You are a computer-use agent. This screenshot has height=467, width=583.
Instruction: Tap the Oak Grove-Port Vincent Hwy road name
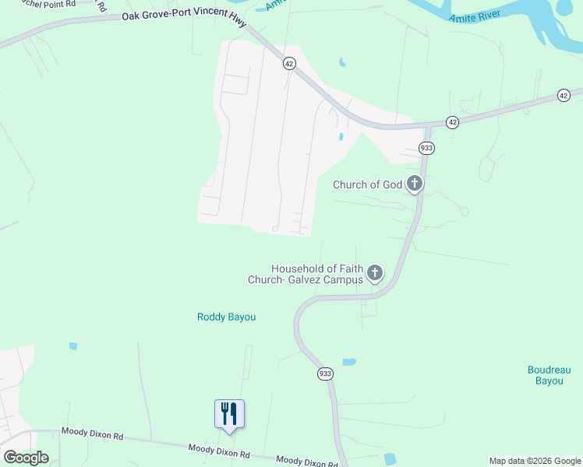click(x=185, y=17)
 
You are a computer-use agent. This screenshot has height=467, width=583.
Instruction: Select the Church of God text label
click(x=367, y=184)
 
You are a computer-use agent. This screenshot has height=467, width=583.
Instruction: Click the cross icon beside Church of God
click(x=415, y=184)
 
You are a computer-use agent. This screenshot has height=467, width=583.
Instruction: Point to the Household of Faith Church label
click(x=316, y=274)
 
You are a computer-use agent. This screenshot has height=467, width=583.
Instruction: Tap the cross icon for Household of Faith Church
click(x=375, y=272)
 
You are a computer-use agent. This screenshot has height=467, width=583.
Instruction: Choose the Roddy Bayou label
click(x=226, y=317)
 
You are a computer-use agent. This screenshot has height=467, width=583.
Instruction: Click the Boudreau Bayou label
click(x=544, y=375)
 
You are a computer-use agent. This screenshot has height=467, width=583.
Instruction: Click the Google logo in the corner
click(x=26, y=458)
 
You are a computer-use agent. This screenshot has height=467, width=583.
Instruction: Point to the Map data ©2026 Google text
click(x=535, y=461)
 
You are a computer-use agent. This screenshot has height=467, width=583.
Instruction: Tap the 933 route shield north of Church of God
click(x=426, y=148)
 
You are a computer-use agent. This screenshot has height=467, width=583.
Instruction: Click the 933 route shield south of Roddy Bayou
click(x=325, y=374)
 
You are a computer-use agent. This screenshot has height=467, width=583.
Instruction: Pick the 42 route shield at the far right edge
click(x=564, y=95)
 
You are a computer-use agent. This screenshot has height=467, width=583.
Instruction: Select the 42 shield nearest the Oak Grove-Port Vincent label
click(x=289, y=64)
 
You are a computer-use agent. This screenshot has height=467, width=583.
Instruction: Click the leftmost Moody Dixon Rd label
click(x=92, y=437)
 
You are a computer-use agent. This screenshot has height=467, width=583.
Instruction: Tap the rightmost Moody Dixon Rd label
click(x=306, y=462)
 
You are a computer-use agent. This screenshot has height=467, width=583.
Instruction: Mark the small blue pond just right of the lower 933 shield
click(x=348, y=362)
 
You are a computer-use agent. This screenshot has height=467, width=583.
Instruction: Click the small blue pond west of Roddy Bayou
click(x=72, y=346)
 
